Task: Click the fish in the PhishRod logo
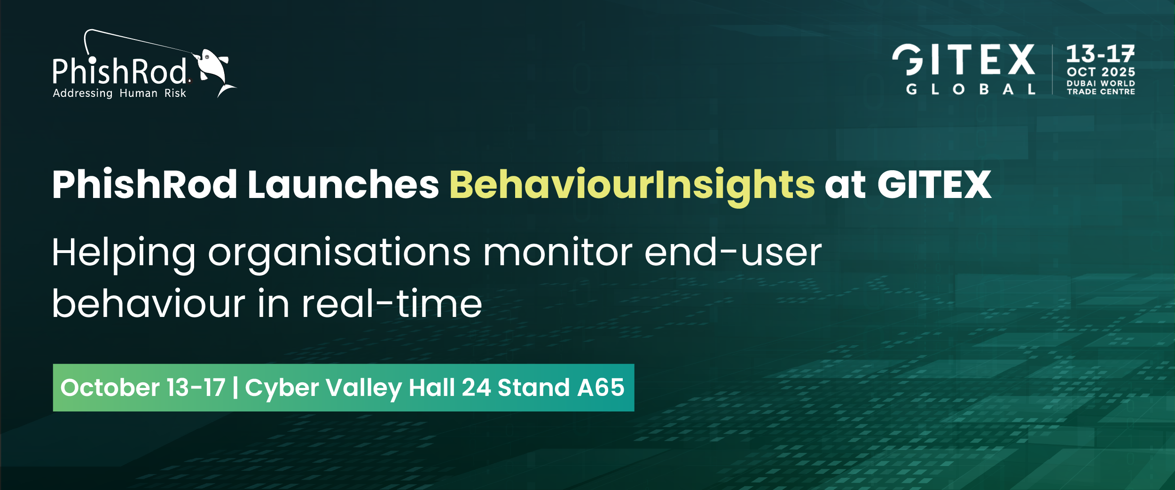[214, 71]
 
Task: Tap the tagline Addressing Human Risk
[119, 93]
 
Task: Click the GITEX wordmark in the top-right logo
[963, 60]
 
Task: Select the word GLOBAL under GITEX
[971, 89]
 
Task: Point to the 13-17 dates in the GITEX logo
[1100, 54]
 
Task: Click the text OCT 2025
[1101, 72]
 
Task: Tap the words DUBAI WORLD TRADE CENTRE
[1101, 87]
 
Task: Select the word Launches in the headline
[343, 184]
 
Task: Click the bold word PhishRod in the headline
[145, 184]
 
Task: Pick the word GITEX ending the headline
[934, 184]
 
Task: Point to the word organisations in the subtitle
[339, 254]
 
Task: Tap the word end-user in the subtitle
[733, 254]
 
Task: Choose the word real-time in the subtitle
[392, 304]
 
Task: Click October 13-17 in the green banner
[143, 387]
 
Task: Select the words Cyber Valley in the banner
[323, 388]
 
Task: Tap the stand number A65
[601, 387]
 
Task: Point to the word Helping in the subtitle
[124, 254]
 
